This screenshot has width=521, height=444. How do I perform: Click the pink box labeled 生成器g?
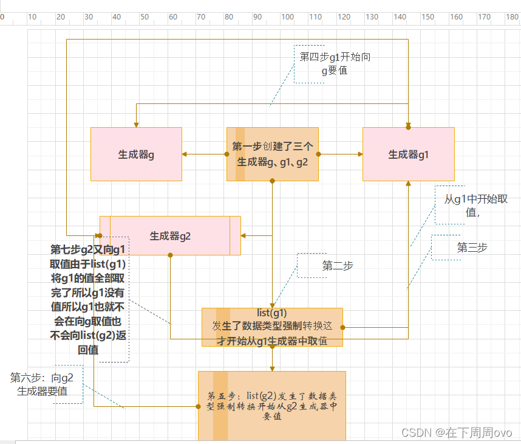136,154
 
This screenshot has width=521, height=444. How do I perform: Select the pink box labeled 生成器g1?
408,154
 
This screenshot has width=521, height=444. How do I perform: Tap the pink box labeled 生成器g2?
170,236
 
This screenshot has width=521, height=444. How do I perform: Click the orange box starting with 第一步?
272,154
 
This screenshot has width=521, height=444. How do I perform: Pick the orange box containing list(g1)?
272,327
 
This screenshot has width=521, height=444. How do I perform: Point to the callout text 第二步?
338,266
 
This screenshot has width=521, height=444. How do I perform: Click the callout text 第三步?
472,248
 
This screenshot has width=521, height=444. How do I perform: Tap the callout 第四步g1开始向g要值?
335,63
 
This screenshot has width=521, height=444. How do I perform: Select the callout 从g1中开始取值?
475,206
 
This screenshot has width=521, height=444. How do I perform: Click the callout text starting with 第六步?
42,384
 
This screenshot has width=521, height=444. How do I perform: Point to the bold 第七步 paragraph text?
88,299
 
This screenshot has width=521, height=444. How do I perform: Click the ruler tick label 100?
288,17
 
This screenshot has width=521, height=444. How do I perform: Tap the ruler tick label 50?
145,17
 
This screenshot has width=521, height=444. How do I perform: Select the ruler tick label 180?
512,17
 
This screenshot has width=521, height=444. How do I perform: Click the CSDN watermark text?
457,432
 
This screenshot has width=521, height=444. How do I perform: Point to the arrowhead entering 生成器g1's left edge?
360,154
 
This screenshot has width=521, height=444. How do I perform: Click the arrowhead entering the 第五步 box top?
272,368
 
